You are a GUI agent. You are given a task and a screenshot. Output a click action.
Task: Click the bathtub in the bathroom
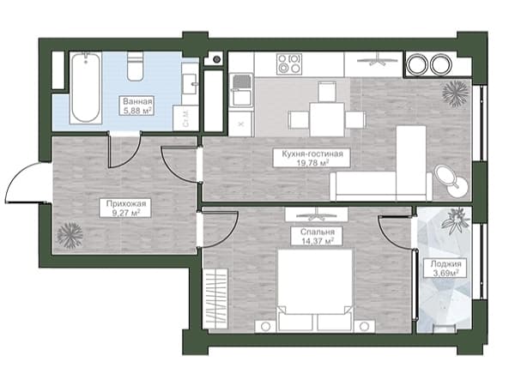point(86,87)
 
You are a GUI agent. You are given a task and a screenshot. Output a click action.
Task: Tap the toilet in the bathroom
point(136,66)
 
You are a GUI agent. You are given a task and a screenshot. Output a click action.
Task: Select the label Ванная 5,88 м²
point(137,106)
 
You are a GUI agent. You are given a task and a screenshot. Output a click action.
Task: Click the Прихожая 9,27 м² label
point(126,208)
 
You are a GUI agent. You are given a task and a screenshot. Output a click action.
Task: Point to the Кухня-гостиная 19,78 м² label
point(312,158)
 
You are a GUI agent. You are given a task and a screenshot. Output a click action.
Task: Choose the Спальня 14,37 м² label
point(318,236)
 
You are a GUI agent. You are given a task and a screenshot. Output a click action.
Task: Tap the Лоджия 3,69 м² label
point(445,268)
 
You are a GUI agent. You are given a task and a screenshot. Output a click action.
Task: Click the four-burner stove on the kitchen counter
point(289,64)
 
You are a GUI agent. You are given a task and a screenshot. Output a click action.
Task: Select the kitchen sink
point(242,90)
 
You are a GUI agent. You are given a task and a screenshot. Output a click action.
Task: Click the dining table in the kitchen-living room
point(327,119)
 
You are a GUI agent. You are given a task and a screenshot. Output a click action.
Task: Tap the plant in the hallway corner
point(70,235)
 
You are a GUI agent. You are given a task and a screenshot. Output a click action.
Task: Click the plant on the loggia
point(456,220)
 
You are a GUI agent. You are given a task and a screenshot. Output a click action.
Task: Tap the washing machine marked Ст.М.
point(185,118)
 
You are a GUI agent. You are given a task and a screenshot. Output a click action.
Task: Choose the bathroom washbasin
point(190,84)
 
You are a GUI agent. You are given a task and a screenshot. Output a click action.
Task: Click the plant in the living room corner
point(456,93)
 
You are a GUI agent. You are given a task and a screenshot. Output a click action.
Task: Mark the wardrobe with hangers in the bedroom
point(215,299)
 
